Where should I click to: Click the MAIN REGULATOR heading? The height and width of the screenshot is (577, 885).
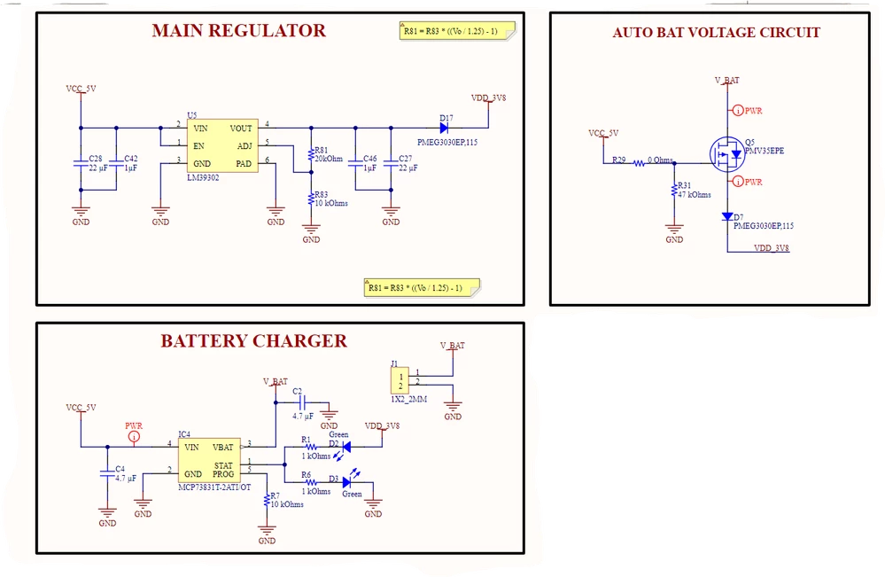pyautogui.click(x=239, y=30)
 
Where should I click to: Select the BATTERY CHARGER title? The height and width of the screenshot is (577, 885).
pyautogui.click(x=254, y=341)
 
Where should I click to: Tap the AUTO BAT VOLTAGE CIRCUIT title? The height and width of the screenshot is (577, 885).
pyautogui.click(x=717, y=33)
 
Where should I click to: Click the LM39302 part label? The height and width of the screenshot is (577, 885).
pyautogui.click(x=203, y=178)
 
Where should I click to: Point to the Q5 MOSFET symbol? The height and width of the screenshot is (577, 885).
pyautogui.click(x=727, y=154)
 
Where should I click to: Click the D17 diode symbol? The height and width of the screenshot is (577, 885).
pyautogui.click(x=444, y=129)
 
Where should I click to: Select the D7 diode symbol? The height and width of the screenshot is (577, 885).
pyautogui.click(x=727, y=216)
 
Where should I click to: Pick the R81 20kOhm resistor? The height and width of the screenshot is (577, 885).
pyautogui.click(x=311, y=155)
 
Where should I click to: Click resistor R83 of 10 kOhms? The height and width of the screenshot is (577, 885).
pyautogui.click(x=311, y=199)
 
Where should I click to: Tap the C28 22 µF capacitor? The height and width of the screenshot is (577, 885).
pyautogui.click(x=81, y=163)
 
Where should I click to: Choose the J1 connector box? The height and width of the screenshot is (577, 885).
pyautogui.click(x=400, y=380)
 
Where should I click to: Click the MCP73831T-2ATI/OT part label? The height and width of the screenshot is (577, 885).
pyautogui.click(x=214, y=487)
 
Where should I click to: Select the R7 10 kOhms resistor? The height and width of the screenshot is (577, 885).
pyautogui.click(x=267, y=500)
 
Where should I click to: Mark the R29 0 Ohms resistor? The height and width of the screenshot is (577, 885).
pyautogui.click(x=639, y=163)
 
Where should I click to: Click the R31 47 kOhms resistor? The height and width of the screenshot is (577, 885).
pyautogui.click(x=674, y=190)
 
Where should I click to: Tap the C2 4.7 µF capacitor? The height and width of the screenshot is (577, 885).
pyautogui.click(x=302, y=402)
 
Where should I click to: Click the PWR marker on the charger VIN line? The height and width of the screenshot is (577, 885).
pyautogui.click(x=134, y=436)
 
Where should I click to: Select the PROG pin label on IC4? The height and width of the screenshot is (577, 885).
pyautogui.click(x=223, y=474)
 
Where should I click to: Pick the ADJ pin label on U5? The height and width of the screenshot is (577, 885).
pyautogui.click(x=245, y=146)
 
